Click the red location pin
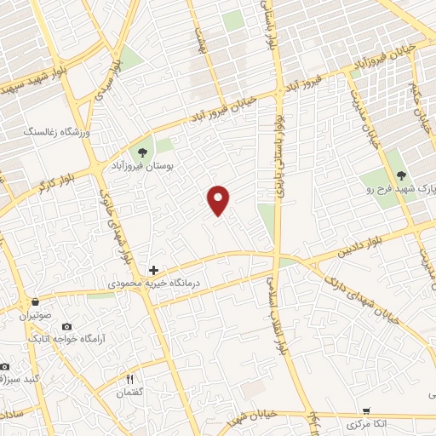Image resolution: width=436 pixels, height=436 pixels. click(x=219, y=199)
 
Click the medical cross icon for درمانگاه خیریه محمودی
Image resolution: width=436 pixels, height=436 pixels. click(x=153, y=269)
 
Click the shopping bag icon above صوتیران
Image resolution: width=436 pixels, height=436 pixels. click(x=34, y=301)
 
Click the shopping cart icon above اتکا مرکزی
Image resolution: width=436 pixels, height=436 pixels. click(x=366, y=410)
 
